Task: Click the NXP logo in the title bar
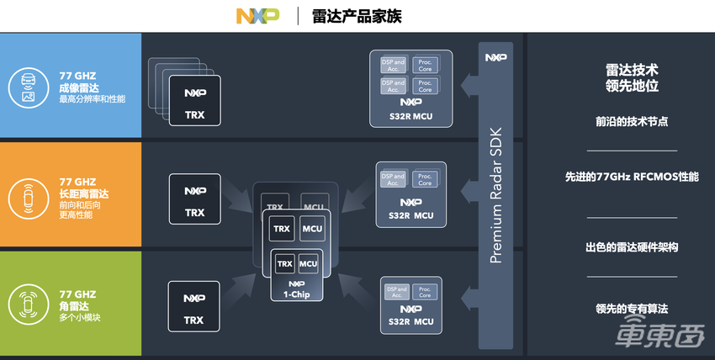click(x=257, y=16)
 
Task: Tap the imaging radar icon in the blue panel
click(x=28, y=87)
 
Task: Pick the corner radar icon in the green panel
click(x=28, y=304)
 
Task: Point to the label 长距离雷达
click(x=83, y=193)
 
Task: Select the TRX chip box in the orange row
click(x=194, y=199)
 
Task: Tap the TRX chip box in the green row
click(x=194, y=307)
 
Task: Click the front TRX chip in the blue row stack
click(x=194, y=101)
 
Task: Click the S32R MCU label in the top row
click(x=410, y=116)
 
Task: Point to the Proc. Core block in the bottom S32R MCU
click(x=425, y=292)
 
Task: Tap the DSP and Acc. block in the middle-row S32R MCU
click(x=393, y=179)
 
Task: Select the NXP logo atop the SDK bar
click(x=495, y=57)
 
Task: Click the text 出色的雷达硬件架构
click(x=632, y=248)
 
